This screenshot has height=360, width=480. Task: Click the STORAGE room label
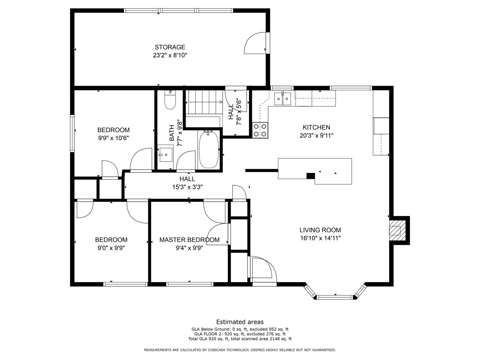coord(170,47)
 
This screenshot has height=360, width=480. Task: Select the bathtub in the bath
coord(208,149)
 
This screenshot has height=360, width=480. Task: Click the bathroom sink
coord(166,154)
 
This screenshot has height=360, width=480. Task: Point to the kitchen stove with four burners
coord(260,130)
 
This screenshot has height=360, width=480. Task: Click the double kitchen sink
coord(282,99)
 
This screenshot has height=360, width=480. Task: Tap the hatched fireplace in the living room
coord(397,230)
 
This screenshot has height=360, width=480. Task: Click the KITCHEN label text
coord(316,127)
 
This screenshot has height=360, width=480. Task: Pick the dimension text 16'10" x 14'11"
coord(320,238)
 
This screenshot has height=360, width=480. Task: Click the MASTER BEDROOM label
coord(189,240)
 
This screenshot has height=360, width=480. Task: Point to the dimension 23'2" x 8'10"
coord(170,55)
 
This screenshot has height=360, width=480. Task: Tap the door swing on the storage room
coord(255,43)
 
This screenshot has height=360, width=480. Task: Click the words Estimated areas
coord(240,322)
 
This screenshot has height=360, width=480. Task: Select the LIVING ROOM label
coord(320,230)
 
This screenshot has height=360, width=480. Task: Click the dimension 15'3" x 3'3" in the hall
coord(187,187)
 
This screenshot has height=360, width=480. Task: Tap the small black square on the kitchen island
coord(310,176)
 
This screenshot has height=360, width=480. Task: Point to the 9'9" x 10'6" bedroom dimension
coord(113,138)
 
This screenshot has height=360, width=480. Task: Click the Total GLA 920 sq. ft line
coord(240,339)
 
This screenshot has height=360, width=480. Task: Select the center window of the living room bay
coord(335,297)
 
